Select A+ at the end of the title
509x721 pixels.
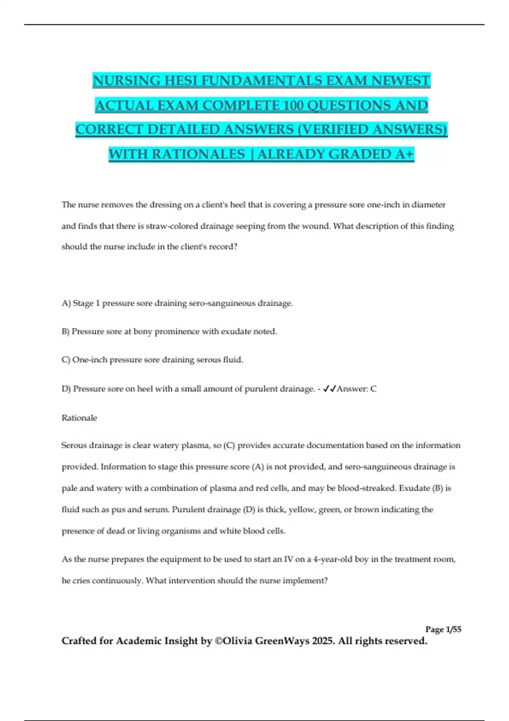(404, 154)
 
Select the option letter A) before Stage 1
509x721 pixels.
(66, 303)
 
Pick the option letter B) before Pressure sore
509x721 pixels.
(66, 331)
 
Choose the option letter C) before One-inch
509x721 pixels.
(66, 360)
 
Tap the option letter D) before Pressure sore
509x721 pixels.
(66, 388)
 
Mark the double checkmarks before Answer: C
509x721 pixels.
(330, 388)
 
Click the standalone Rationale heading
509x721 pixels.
(79, 418)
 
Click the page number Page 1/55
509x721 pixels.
(443, 629)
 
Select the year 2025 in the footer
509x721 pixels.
(323, 641)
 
